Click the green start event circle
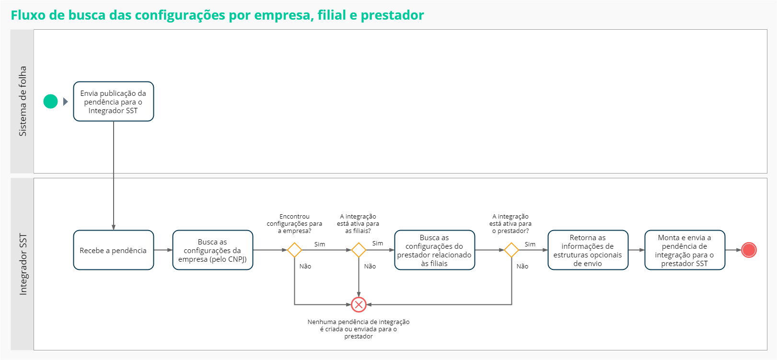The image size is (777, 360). tap(50, 102)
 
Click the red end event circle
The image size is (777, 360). tap(749, 250)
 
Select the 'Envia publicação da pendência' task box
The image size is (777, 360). tap(114, 102)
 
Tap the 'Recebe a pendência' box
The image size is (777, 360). tap(114, 250)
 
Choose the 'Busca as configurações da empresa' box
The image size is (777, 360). tap(212, 250)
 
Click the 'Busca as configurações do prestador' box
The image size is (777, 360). tap(434, 250)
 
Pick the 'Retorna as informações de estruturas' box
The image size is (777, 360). tap(588, 250)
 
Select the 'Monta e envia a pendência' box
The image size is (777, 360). tap(684, 250)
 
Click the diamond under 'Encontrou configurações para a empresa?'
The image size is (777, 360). tap(294, 250)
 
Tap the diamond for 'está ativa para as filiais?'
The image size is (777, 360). tap(359, 250)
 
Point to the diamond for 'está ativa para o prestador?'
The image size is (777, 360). tap(511, 250)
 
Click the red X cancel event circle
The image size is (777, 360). tap(359, 304)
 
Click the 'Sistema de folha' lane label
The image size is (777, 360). tap(23, 101)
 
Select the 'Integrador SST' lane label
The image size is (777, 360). tap(23, 264)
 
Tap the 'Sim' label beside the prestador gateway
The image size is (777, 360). tap(530, 244)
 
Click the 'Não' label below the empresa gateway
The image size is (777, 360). tap(305, 267)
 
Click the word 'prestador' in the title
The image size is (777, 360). tap(392, 15)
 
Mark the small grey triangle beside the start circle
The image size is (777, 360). tap(66, 102)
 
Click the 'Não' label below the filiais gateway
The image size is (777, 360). tap(370, 267)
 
